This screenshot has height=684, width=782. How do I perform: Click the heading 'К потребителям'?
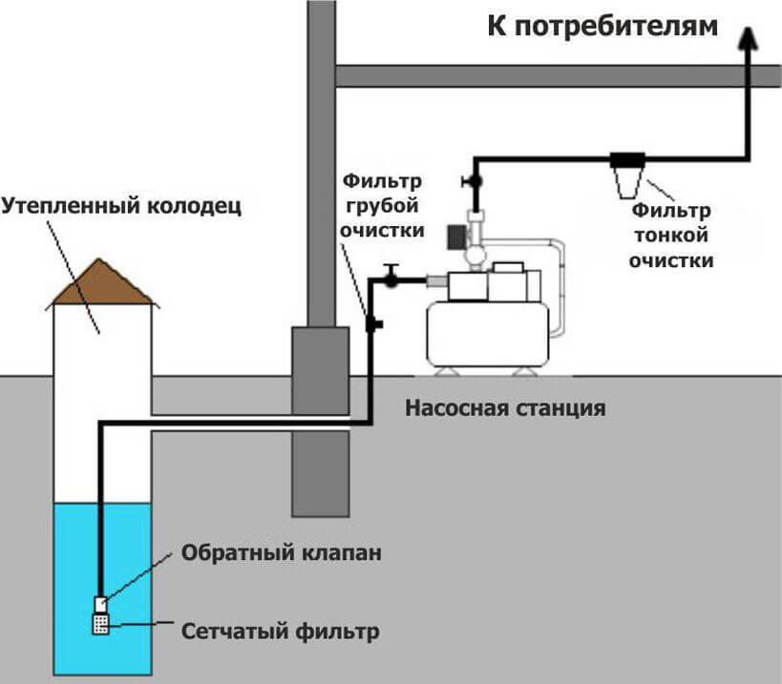point(602,26)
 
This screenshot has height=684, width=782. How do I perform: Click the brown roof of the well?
point(102,284)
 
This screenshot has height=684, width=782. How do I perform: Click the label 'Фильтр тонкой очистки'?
point(670,234)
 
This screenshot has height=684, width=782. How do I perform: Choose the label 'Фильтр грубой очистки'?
point(381,205)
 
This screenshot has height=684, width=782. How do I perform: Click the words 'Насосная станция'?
point(505,409)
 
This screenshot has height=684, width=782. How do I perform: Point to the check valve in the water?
point(99,603)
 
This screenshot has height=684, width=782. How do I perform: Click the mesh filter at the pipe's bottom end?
point(99,624)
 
